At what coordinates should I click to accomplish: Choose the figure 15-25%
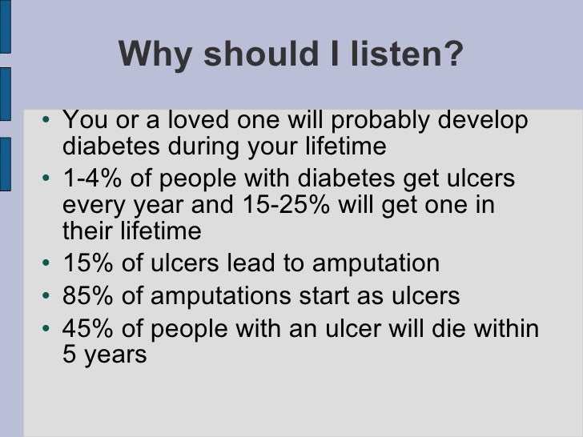[279, 205]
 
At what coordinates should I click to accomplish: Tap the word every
[90, 206]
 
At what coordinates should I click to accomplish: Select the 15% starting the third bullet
[84, 264]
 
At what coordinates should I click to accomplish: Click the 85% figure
[84, 297]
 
